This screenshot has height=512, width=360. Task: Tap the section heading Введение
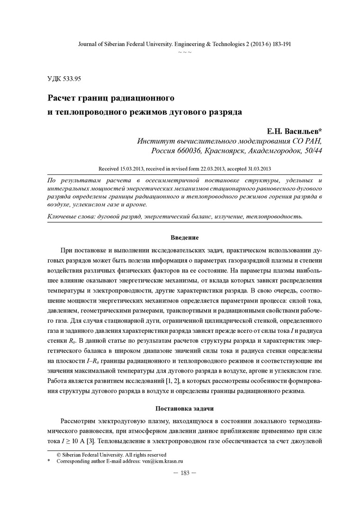tap(184, 237)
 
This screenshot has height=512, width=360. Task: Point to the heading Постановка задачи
tap(184, 408)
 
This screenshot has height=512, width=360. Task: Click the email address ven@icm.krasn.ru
tap(159, 460)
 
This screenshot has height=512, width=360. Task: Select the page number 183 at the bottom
tap(184, 473)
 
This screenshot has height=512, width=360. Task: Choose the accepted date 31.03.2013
tap(256, 168)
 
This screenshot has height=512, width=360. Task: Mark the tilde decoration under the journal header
tap(184, 51)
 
